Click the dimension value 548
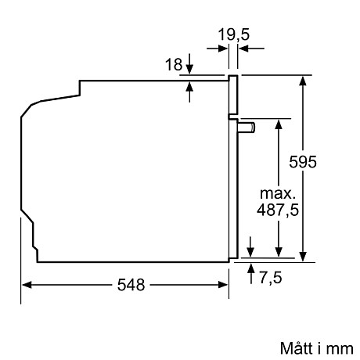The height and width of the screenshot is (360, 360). [131, 286]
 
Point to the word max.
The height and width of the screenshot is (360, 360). [278, 193]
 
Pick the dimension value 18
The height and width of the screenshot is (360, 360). [173, 66]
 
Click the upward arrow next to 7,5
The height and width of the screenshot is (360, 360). [250, 270]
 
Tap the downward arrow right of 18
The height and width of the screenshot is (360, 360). [189, 70]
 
